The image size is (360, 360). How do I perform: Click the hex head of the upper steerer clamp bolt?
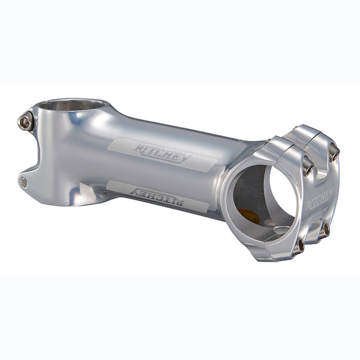click(25, 122)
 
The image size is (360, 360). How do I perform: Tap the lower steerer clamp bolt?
click(23, 181)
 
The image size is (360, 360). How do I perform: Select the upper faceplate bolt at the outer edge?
click(333, 152)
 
